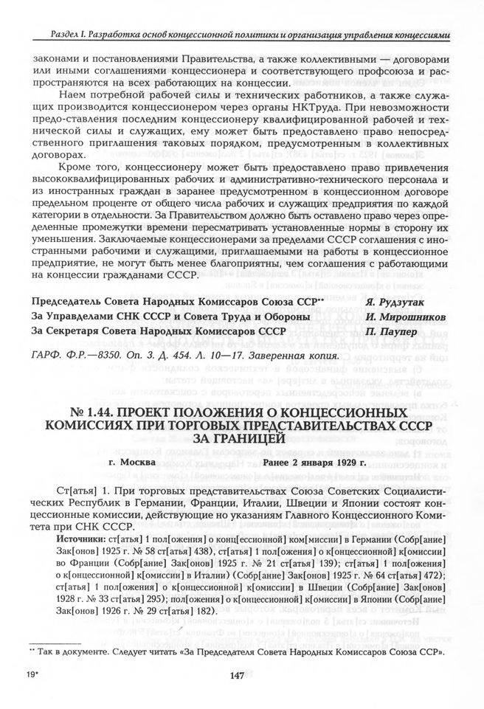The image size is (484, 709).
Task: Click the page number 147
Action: tap(238, 677)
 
